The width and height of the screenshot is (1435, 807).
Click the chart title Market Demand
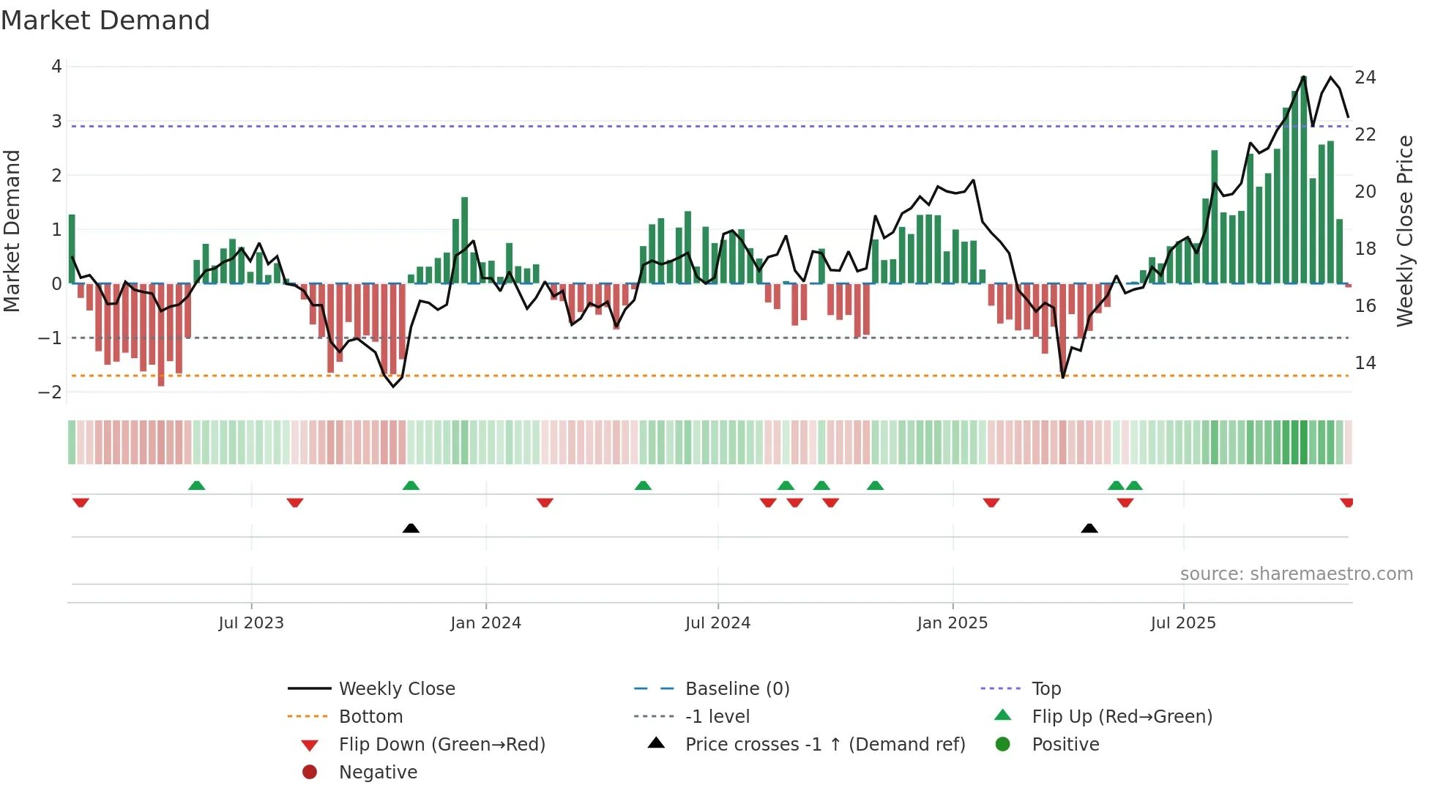click(105, 21)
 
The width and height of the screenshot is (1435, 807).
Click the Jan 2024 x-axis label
click(485, 623)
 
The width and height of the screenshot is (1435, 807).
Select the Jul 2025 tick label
click(1182, 623)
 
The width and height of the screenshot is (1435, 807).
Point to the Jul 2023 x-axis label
click(251, 623)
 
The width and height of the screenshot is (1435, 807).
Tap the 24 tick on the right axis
click(1365, 78)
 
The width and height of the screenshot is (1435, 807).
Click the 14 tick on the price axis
click(1365, 363)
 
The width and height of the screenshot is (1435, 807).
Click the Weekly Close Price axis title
click(1404, 231)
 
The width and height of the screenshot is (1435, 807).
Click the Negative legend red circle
click(310, 772)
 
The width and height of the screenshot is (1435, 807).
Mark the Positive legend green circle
click(1003, 745)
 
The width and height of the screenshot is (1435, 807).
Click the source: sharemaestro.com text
click(1296, 574)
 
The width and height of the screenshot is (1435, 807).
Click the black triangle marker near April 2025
click(1089, 529)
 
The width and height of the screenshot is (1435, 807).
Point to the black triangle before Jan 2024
click(411, 529)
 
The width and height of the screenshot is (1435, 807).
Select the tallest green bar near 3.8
click(1303, 179)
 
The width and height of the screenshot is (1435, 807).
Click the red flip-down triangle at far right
click(1346, 502)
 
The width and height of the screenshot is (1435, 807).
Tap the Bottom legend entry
click(370, 717)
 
